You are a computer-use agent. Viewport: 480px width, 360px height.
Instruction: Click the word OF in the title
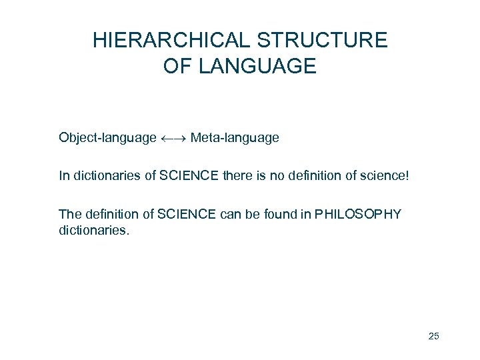175,67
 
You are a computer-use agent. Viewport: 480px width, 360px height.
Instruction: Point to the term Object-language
107,138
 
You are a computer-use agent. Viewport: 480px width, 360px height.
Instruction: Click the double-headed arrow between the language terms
173,139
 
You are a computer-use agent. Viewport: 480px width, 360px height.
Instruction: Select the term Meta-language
235,138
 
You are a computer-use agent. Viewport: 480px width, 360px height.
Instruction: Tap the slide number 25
433,336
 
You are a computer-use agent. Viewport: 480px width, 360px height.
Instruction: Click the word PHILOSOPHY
360,214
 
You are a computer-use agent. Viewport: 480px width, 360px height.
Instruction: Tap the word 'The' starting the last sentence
69,214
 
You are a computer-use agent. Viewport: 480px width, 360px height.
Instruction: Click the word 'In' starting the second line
63,176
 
